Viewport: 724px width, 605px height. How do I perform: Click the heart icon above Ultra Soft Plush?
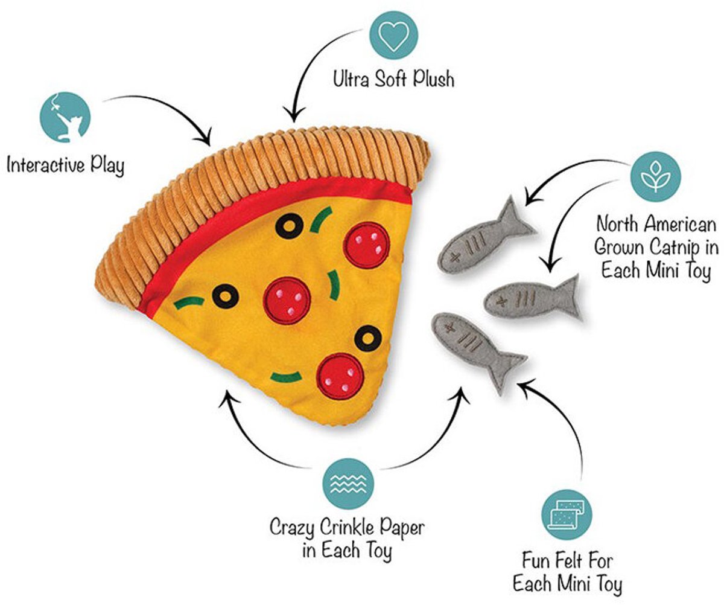(393, 36)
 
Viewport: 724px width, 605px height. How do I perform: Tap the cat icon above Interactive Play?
(65, 117)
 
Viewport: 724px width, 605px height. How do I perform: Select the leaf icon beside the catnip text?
(655, 177)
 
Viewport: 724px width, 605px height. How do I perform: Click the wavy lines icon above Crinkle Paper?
(348, 484)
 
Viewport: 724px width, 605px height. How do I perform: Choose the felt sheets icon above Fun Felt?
(567, 515)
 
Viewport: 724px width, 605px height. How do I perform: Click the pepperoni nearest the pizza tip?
(340, 376)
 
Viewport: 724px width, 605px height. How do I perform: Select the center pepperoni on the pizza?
(287, 301)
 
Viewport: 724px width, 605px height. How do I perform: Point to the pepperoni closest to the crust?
(366, 245)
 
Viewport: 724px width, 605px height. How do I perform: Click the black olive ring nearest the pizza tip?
(368, 339)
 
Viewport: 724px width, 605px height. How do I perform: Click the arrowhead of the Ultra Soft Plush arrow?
(294, 115)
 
